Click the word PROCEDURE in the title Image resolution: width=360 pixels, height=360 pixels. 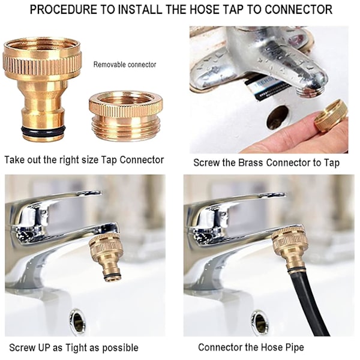click(64, 10)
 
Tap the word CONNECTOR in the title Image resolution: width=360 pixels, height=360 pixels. click(298, 10)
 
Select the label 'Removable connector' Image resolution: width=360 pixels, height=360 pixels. click(125, 65)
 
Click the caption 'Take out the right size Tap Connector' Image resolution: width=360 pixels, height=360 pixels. click(84, 160)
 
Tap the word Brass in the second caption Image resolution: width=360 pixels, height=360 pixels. click(250, 163)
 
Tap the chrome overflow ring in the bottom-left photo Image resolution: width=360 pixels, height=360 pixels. click(77, 320)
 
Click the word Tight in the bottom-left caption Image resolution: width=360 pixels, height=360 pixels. click(77, 348)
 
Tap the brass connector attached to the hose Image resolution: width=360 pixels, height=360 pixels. click(289, 250)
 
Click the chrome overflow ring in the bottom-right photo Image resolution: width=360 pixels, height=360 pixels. click(259, 320)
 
